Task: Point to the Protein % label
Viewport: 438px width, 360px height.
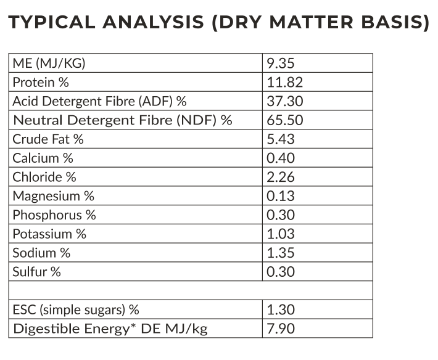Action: pyautogui.click(x=41, y=83)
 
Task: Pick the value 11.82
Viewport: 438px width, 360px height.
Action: pyautogui.click(x=285, y=83)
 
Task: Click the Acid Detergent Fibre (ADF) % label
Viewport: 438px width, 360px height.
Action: pyautogui.click(x=99, y=101)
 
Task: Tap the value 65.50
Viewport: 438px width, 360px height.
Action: pyautogui.click(x=286, y=120)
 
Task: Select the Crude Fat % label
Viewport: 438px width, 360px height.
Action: pyautogui.click(x=48, y=139)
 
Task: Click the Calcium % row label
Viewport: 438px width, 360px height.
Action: pyautogui.click(x=43, y=158)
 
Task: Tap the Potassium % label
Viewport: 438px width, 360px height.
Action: pyautogui.click(x=49, y=234)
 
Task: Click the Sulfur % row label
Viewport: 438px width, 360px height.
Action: pyautogui.click(x=37, y=272)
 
